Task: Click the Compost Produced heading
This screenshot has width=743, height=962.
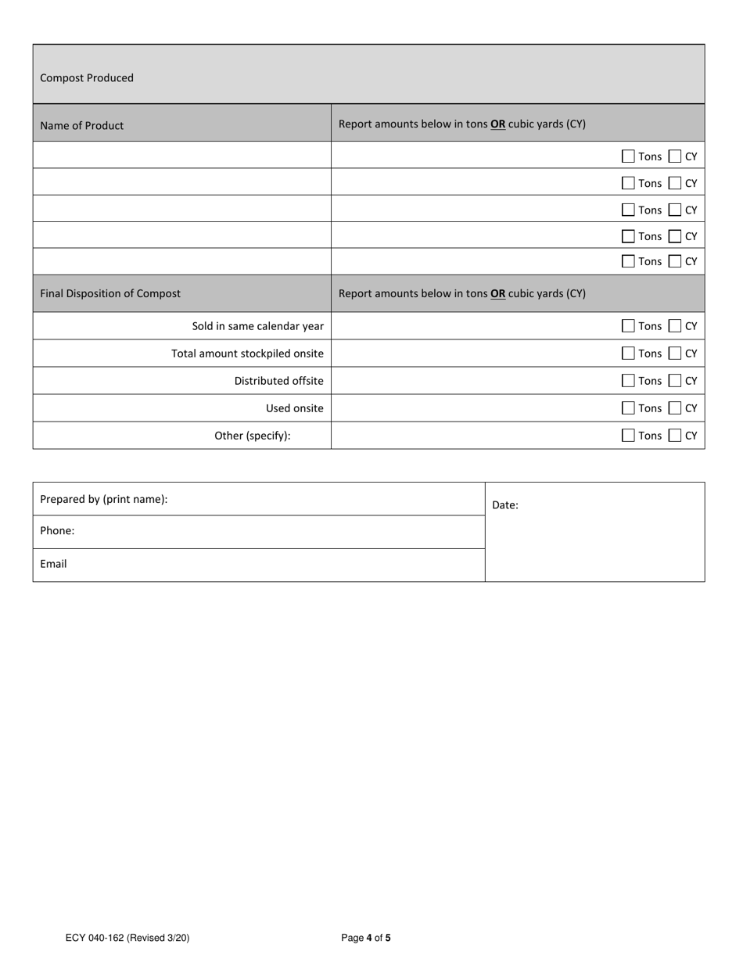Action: [87, 78]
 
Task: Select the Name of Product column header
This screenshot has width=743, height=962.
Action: [82, 125]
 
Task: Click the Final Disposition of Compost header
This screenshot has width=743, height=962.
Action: [110, 293]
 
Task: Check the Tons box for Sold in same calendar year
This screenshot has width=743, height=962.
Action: [628, 326]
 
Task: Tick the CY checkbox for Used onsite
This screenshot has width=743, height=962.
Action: [676, 408]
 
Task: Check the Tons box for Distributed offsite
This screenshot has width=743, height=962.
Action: [628, 381]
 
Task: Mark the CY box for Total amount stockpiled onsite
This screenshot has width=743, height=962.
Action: [676, 354]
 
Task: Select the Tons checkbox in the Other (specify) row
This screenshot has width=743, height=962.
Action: [628, 436]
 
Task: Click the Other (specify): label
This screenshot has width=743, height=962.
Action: [253, 436]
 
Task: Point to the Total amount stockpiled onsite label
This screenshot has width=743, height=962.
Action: [247, 354]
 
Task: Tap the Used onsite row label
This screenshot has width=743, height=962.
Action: [294, 408]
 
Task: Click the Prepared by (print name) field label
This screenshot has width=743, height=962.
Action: [104, 499]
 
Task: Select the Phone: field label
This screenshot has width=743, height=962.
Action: [57, 531]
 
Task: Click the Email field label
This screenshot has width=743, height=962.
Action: [53, 564]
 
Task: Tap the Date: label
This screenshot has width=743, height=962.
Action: [505, 505]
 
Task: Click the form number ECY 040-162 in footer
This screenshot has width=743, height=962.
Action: [127, 938]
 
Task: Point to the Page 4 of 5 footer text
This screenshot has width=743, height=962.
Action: [366, 938]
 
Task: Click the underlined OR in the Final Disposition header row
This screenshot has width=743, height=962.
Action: [497, 294]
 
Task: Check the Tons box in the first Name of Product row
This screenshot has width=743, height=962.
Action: [628, 156]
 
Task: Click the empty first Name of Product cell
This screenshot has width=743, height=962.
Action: [181, 155]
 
